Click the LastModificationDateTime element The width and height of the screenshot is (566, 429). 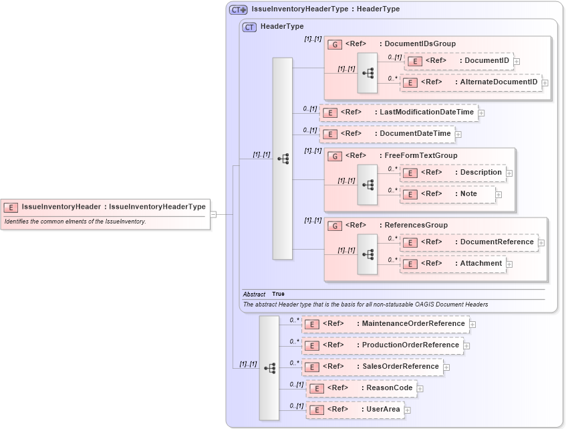click(398, 112)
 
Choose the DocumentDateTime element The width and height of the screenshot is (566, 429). click(387, 134)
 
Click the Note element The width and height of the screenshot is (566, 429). click(448, 194)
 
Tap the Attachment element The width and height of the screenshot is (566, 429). click(452, 264)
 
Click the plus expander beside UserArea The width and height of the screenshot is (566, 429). click(407, 410)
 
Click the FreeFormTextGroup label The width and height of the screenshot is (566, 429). click(421, 155)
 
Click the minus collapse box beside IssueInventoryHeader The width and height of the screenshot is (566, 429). click(213, 214)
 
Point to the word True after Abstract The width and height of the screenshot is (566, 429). click(278, 294)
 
